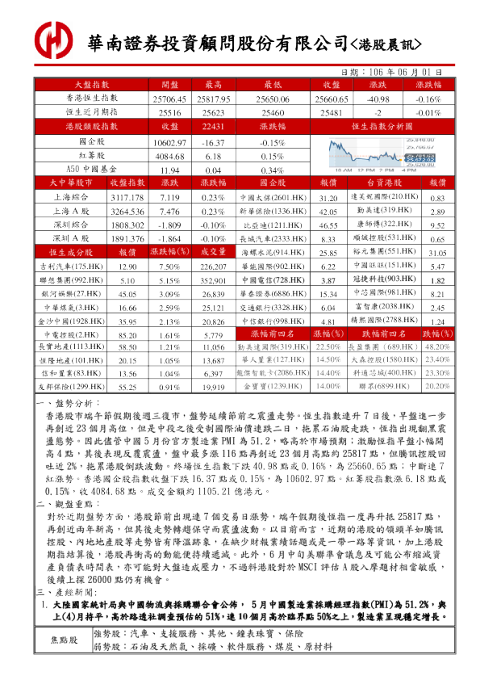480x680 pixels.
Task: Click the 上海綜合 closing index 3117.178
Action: point(127,198)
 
